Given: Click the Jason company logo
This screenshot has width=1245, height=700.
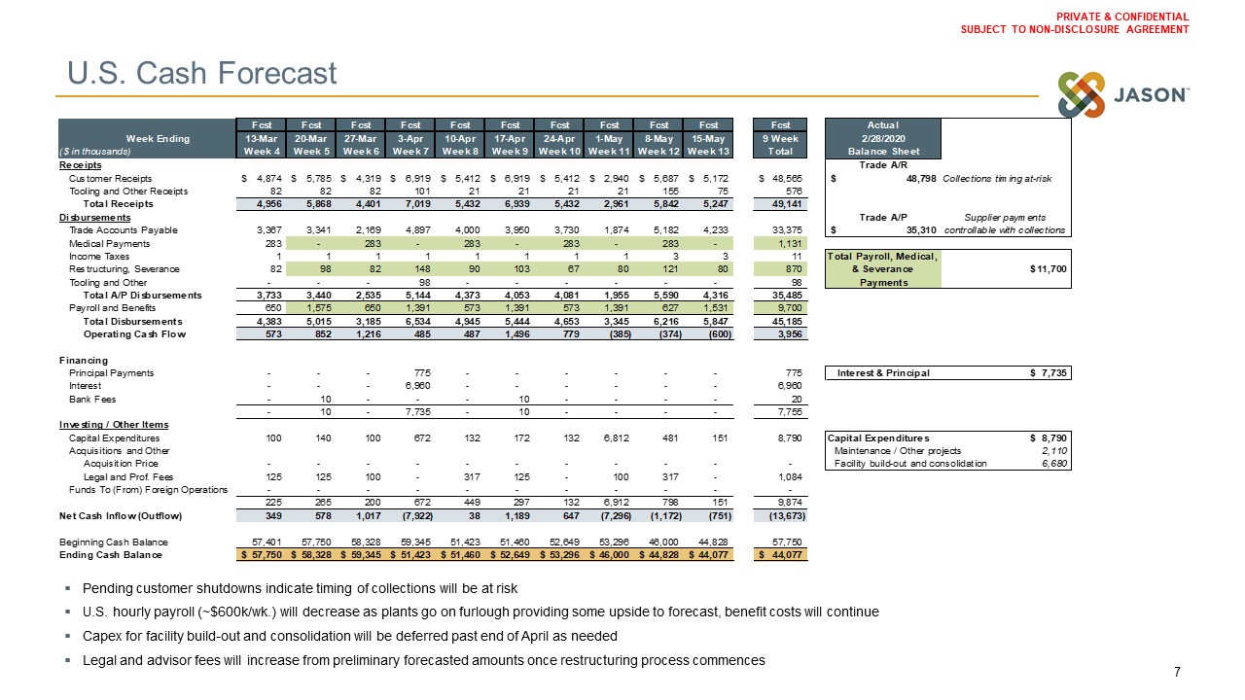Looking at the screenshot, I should (x=1123, y=95).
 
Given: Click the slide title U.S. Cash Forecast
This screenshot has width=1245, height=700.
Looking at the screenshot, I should (x=201, y=73).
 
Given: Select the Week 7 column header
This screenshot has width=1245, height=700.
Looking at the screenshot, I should (x=409, y=151).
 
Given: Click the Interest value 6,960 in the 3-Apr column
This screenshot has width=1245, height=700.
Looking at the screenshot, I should (x=417, y=386).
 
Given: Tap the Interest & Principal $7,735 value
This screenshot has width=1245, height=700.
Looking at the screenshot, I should (x=1050, y=373).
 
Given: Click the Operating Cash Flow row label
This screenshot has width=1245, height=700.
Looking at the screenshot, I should (x=132, y=334).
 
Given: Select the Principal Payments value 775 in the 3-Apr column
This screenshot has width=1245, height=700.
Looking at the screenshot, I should (x=421, y=373).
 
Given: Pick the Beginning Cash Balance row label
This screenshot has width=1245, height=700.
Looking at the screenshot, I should (x=113, y=542).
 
